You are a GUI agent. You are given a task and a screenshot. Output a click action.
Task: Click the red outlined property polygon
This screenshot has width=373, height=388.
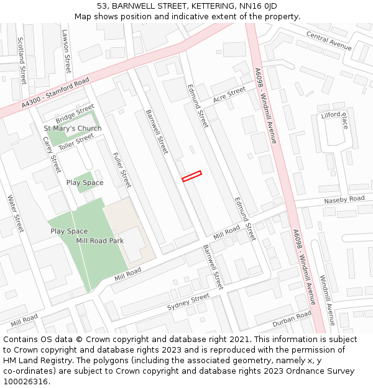(x=192, y=176)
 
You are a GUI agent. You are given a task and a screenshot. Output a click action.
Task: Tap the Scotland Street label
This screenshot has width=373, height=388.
(x=22, y=61)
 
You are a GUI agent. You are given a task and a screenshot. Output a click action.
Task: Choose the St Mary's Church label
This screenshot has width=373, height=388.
(x=72, y=129)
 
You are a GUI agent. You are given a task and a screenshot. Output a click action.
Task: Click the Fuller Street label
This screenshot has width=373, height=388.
(x=122, y=169)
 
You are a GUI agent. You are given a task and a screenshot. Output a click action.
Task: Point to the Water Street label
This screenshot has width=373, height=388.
(x=15, y=214)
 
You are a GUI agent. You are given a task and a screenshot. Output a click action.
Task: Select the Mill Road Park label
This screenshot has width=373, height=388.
(x=99, y=240)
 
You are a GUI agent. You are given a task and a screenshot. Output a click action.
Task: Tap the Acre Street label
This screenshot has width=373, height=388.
(x=229, y=95)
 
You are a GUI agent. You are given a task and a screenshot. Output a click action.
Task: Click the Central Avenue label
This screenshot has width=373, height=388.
(x=329, y=42)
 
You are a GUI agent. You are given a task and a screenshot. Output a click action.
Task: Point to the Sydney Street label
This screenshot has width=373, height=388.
(x=188, y=303)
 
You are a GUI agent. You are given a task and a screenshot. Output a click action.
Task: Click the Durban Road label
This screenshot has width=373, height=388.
(x=292, y=319)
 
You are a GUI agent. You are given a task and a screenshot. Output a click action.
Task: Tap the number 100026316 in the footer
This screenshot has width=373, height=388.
(x=25, y=382)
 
